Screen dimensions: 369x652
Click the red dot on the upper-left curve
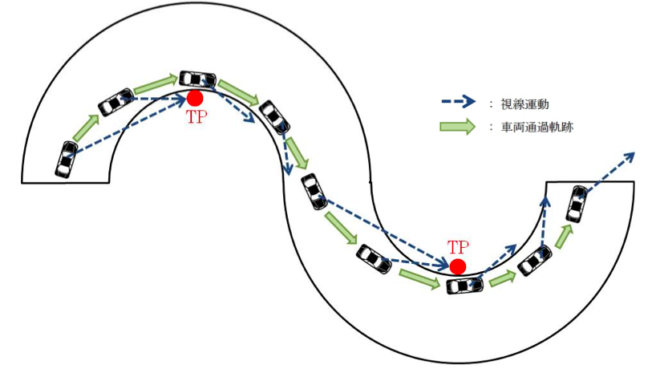click(194, 99)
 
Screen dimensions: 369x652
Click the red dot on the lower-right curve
click(457, 266)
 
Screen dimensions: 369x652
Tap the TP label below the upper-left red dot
click(195, 117)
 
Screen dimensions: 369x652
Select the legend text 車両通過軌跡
click(537, 126)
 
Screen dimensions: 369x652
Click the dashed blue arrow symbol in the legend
click(461, 103)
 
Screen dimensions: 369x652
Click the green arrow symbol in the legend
click(461, 126)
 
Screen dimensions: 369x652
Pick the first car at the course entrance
click(67, 158)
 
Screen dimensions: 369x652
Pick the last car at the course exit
click(576, 203)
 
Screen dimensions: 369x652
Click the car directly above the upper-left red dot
click(196, 79)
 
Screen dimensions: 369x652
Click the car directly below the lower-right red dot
click(464, 285)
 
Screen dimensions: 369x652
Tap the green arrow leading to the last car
click(564, 235)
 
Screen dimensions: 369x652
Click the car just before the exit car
click(534, 262)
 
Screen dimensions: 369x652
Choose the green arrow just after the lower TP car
click(501, 279)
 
